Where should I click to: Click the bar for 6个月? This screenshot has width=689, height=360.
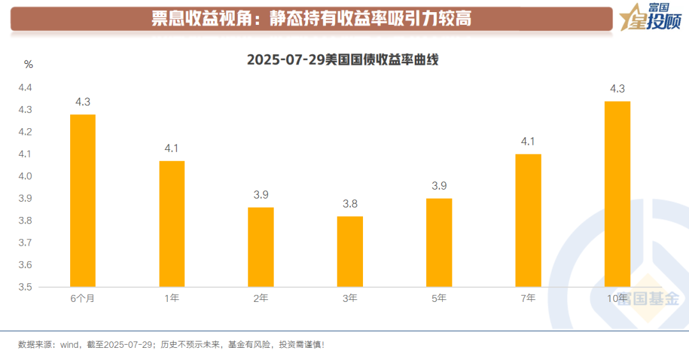pos(82,200)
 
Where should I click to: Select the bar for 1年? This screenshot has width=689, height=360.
pos(172,223)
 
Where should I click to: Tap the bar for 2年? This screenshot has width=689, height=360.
pos(261,247)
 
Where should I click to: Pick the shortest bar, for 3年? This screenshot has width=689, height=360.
pos(350,251)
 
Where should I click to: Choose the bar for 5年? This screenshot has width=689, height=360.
pos(439,243)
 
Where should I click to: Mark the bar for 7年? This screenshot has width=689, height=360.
pos(528,220)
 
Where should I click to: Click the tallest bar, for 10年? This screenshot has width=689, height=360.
pos(617,194)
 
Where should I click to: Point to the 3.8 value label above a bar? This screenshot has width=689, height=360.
pos(350,204)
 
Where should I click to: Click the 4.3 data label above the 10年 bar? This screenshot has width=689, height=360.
pos(617,89)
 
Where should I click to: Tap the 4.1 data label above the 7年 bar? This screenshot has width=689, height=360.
pos(528,142)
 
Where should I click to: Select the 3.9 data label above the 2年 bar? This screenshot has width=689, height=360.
pos(261,195)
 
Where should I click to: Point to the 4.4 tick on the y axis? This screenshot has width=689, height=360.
pos(24,87)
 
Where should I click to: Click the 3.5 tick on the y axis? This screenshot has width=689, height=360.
pos(24,287)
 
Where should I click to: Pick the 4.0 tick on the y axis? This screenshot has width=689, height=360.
pos(24,176)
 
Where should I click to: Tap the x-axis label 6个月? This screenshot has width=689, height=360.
pos(82,299)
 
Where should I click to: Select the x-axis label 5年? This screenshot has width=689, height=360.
pos(439,299)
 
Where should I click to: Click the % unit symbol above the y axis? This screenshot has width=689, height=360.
pos(28,64)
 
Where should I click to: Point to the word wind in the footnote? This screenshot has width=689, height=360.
pos(69,345)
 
